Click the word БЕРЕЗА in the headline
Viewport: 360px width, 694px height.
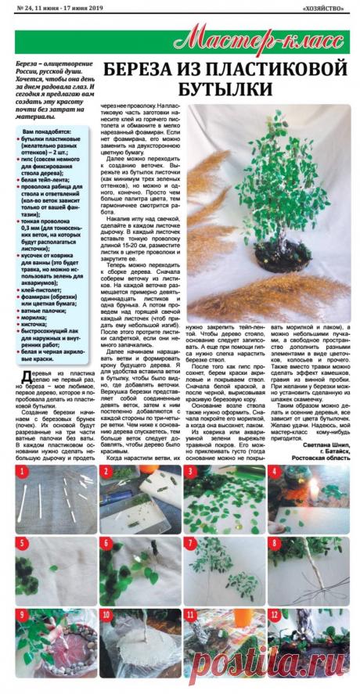click(143, 67)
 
